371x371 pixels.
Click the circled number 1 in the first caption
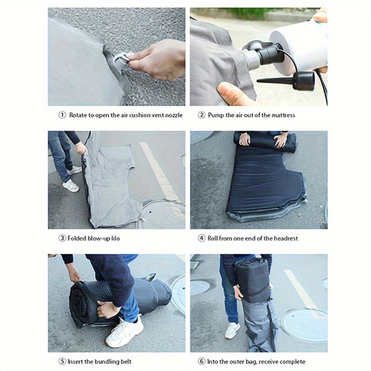(x=62, y=115)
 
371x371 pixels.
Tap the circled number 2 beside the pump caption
(x=202, y=115)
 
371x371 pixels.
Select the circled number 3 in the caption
(x=62, y=238)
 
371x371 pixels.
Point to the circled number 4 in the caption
(x=202, y=238)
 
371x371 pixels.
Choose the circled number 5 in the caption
(x=62, y=362)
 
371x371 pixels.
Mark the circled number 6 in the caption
(x=202, y=362)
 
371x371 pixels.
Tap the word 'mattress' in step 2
(x=283, y=115)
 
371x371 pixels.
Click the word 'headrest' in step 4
(x=286, y=238)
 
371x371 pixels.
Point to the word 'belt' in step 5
(x=126, y=362)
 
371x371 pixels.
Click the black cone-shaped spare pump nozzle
(x=286, y=80)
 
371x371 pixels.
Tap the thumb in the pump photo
(x=233, y=94)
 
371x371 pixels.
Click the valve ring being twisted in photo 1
(x=121, y=61)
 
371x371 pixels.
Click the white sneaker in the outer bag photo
(x=232, y=330)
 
